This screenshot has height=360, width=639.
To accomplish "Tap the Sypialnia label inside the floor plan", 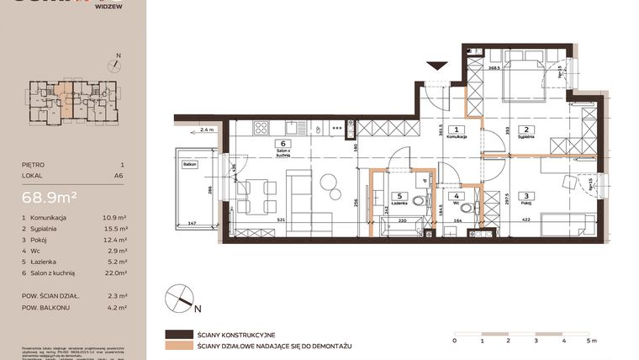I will (x=525, y=138).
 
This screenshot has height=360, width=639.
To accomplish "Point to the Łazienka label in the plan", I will (x=399, y=203).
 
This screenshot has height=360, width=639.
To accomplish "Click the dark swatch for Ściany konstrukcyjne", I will (x=177, y=334).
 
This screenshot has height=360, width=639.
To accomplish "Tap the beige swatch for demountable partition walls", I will (x=177, y=346).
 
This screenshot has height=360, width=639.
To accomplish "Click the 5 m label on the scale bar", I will (x=592, y=341).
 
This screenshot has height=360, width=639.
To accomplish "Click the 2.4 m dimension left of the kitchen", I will (x=207, y=130).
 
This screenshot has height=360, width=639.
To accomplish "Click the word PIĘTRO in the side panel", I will (x=34, y=166).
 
